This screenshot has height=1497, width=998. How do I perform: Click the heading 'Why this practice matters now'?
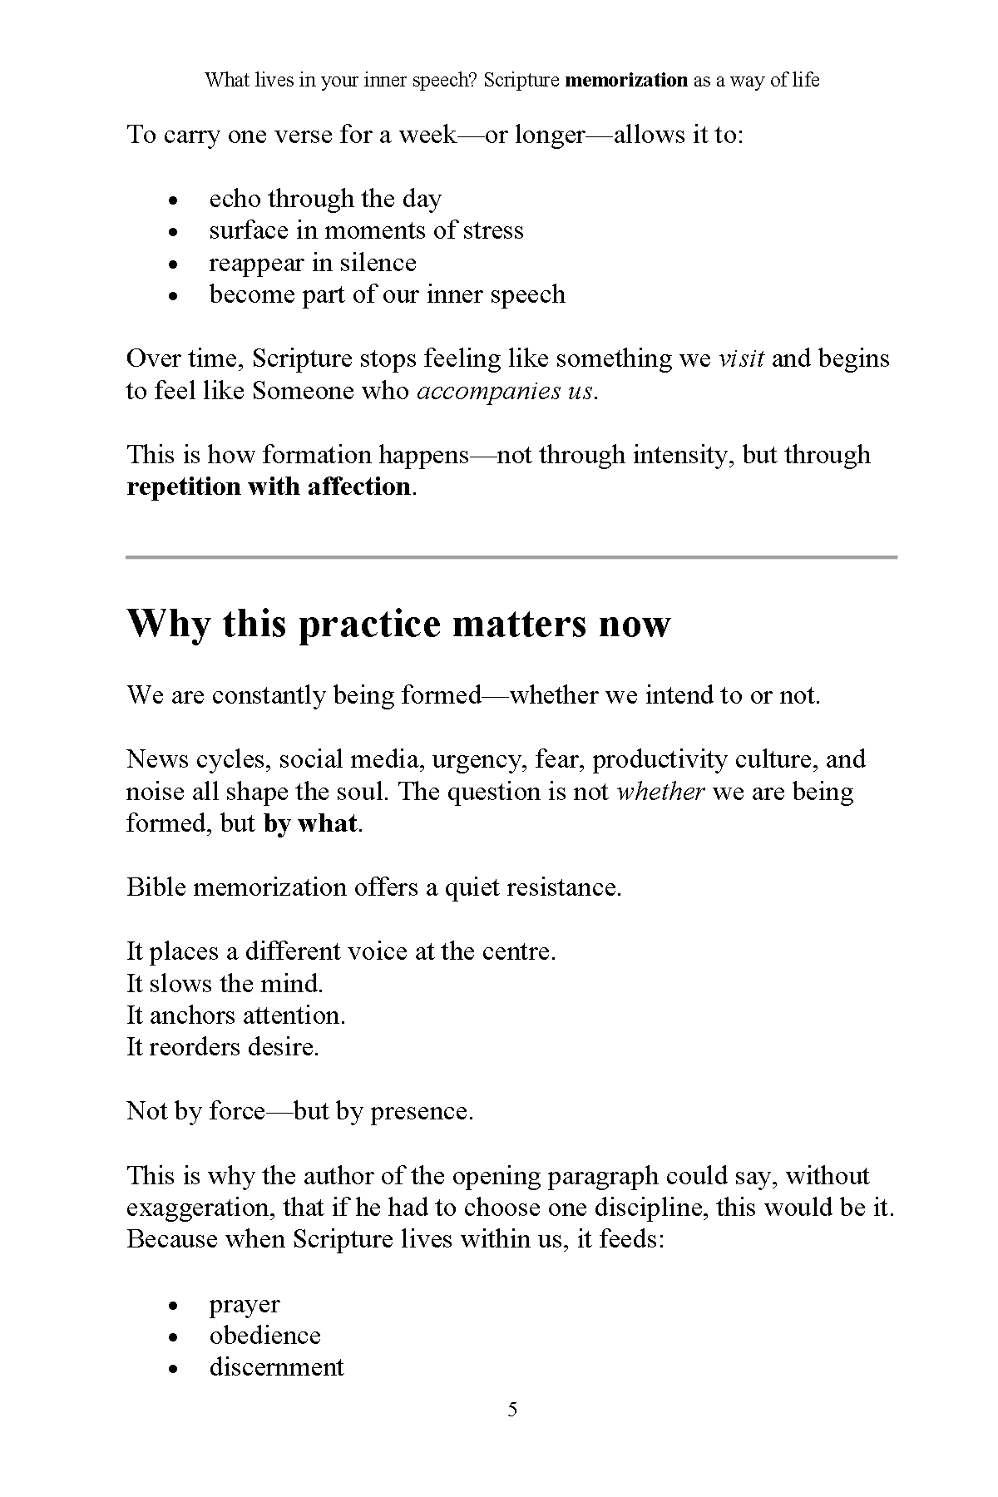tap(398, 624)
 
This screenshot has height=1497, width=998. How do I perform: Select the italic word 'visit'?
tap(741, 358)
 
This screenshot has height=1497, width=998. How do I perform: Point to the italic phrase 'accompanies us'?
tap(505, 391)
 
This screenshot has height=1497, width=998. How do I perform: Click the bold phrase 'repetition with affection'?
tap(269, 487)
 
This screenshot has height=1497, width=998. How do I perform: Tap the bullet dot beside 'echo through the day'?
tap(173, 200)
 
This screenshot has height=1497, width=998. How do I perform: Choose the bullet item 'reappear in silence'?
tap(312, 263)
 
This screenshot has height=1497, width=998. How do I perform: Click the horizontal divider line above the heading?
tap(511, 556)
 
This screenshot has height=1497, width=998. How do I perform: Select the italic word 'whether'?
tap(660, 791)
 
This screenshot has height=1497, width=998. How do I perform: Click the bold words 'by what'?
tap(310, 823)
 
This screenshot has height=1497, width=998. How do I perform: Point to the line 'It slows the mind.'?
tap(225, 983)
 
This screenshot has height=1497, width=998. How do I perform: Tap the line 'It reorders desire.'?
tap(223, 1046)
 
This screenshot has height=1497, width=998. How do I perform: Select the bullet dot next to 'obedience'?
tap(173, 1337)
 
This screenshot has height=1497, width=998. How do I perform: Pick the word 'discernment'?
tap(276, 1367)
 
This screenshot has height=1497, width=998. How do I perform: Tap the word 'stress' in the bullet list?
tap(493, 230)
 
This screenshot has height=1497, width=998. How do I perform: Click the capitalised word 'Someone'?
tap(304, 391)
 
